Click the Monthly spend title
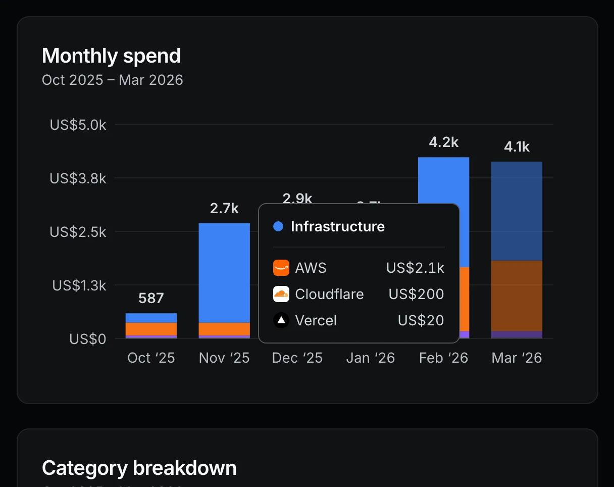111,56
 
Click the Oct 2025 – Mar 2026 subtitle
112,80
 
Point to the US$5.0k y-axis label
78,125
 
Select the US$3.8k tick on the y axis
78,178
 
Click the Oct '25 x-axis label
151,358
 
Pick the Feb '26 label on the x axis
443,358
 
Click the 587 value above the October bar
151,298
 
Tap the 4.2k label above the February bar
443,142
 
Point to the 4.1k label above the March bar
517,147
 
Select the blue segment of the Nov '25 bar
224,273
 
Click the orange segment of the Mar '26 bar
517,296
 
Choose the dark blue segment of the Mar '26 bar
517,211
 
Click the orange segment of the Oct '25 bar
151,329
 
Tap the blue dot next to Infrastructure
278,226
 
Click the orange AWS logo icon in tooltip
281,268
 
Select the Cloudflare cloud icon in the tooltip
281,294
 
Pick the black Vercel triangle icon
281,320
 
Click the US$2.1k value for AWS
415,268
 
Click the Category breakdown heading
139,468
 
